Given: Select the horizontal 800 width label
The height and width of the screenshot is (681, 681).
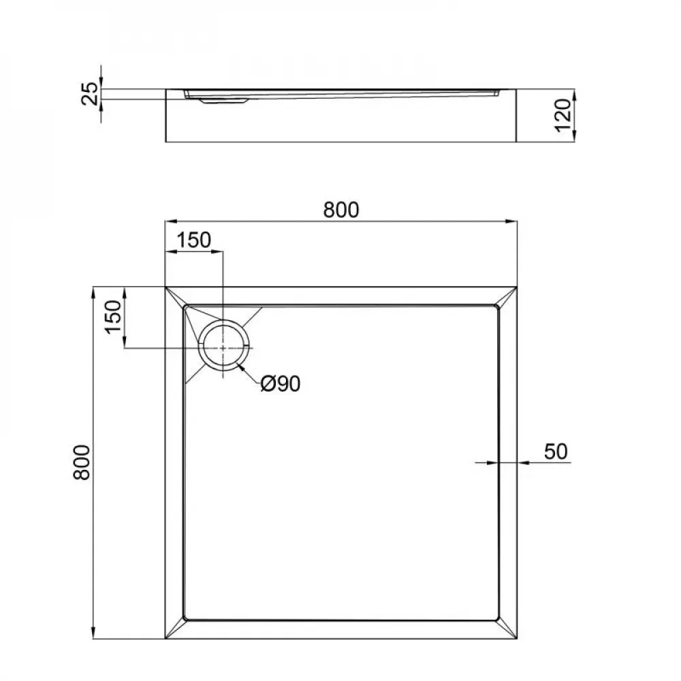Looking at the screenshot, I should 340,210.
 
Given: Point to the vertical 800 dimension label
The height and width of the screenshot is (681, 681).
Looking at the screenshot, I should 81,462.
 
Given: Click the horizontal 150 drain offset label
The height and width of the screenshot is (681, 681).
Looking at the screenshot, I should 194,240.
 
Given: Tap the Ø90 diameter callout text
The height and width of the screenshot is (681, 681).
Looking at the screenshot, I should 280,385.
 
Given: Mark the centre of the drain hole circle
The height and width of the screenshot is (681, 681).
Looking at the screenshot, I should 223,347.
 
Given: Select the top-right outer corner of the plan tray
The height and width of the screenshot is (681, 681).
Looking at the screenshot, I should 516,287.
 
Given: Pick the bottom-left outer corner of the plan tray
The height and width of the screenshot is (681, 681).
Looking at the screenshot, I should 165,639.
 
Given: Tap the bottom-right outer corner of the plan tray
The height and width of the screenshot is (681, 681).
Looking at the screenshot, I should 516,639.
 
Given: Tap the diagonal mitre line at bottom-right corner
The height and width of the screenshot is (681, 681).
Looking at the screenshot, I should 507,630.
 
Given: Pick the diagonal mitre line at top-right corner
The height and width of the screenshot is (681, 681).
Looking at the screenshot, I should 507,297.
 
